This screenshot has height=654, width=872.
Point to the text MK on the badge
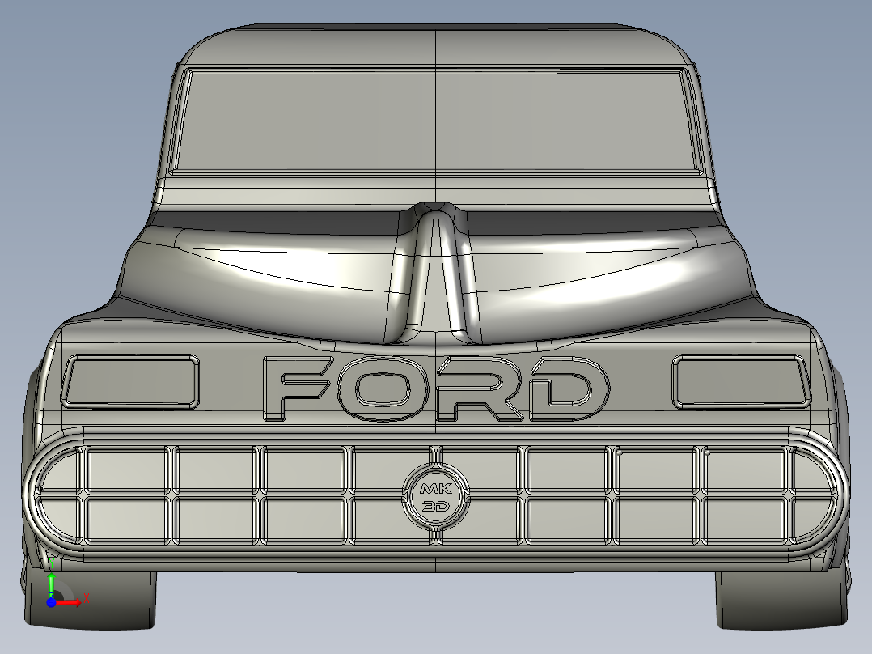pos(435,489)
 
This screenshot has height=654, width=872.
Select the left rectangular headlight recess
pos(130,380)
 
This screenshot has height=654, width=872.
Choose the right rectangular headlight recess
pos(740,380)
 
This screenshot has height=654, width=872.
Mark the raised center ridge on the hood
pos(435,267)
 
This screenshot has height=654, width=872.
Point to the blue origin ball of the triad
pos(51,601)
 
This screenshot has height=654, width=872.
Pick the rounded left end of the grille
pos(57,497)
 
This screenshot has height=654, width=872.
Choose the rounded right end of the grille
pos(815,497)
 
